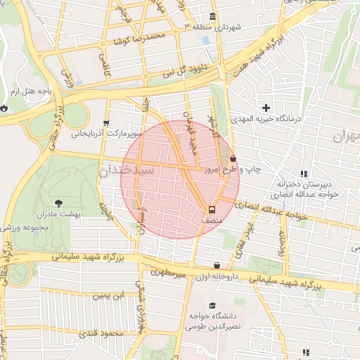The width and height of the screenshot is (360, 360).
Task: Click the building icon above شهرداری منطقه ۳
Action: click(213, 16)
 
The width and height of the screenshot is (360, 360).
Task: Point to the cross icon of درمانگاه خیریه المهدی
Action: click(266, 108)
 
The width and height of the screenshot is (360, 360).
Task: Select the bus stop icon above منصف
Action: click(211, 210)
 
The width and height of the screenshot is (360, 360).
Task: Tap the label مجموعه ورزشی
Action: click(24, 227)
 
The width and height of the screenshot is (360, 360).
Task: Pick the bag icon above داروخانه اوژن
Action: click(217, 266)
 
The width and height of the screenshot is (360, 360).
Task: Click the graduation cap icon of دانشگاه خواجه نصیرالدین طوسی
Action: click(212, 304)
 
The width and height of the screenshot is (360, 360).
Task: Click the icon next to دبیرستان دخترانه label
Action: click(304, 174)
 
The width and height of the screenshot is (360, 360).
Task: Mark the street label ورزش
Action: click(67, 77)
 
